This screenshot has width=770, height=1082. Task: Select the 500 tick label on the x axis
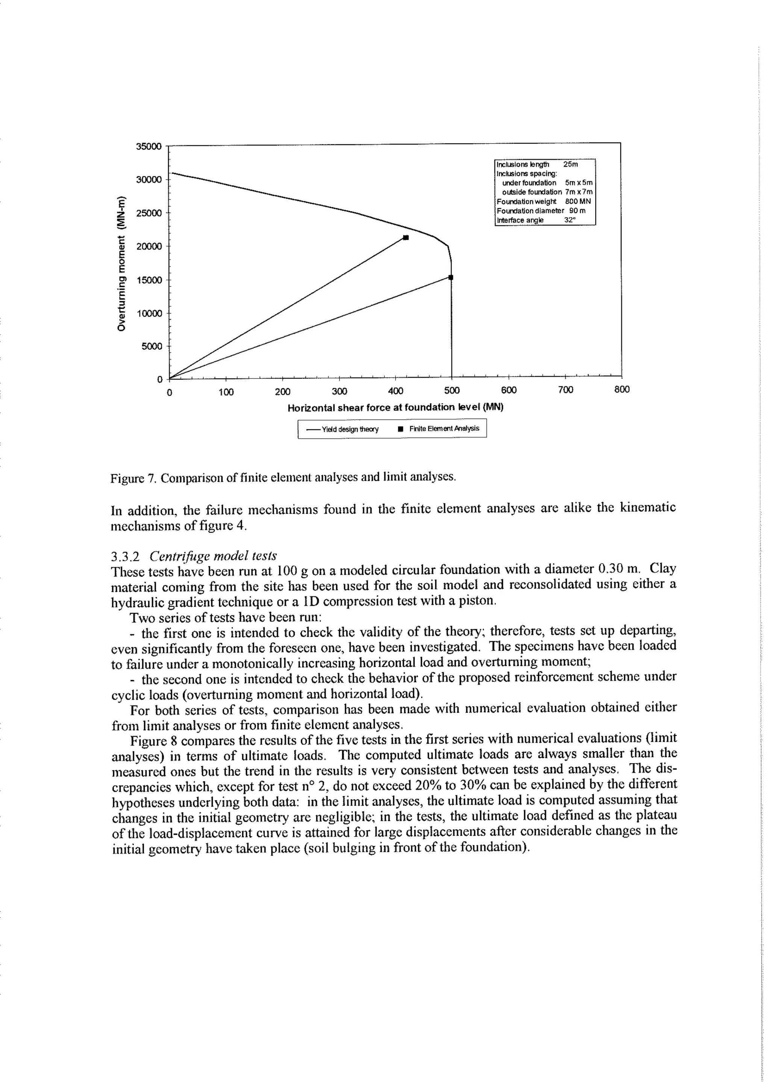click(452, 390)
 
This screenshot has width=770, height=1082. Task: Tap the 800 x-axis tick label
click(621, 390)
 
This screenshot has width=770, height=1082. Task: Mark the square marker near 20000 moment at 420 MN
click(405, 238)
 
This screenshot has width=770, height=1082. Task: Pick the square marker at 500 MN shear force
click(451, 277)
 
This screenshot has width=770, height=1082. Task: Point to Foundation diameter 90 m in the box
click(541, 210)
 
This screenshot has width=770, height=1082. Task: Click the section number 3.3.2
click(125, 556)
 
